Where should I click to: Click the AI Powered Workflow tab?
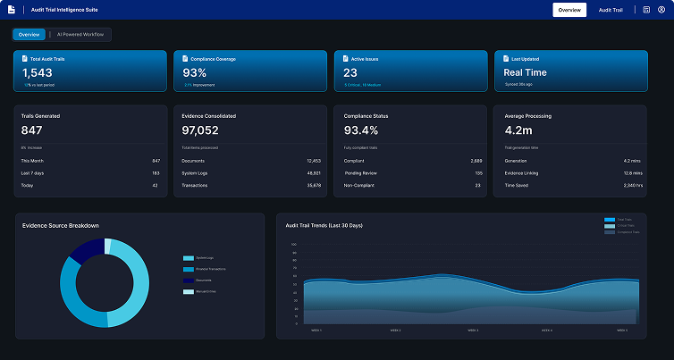click(80, 34)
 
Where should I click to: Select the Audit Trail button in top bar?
click(611, 10)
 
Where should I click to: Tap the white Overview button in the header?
click(569, 10)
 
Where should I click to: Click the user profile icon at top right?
click(661, 10)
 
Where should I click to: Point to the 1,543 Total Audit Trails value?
click(38, 73)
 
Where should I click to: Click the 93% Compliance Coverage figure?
click(195, 73)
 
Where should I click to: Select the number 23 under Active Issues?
click(350, 73)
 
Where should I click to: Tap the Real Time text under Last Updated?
click(525, 73)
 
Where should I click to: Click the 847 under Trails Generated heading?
click(33, 130)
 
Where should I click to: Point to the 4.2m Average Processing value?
click(520, 130)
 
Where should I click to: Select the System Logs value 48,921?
click(313, 172)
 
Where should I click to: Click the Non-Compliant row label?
click(359, 185)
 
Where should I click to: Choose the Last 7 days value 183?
click(156, 172)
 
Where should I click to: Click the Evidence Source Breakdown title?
click(61, 225)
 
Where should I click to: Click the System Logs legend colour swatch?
click(188, 257)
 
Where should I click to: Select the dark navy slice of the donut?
click(88, 250)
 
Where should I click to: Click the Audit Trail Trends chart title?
click(324, 225)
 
